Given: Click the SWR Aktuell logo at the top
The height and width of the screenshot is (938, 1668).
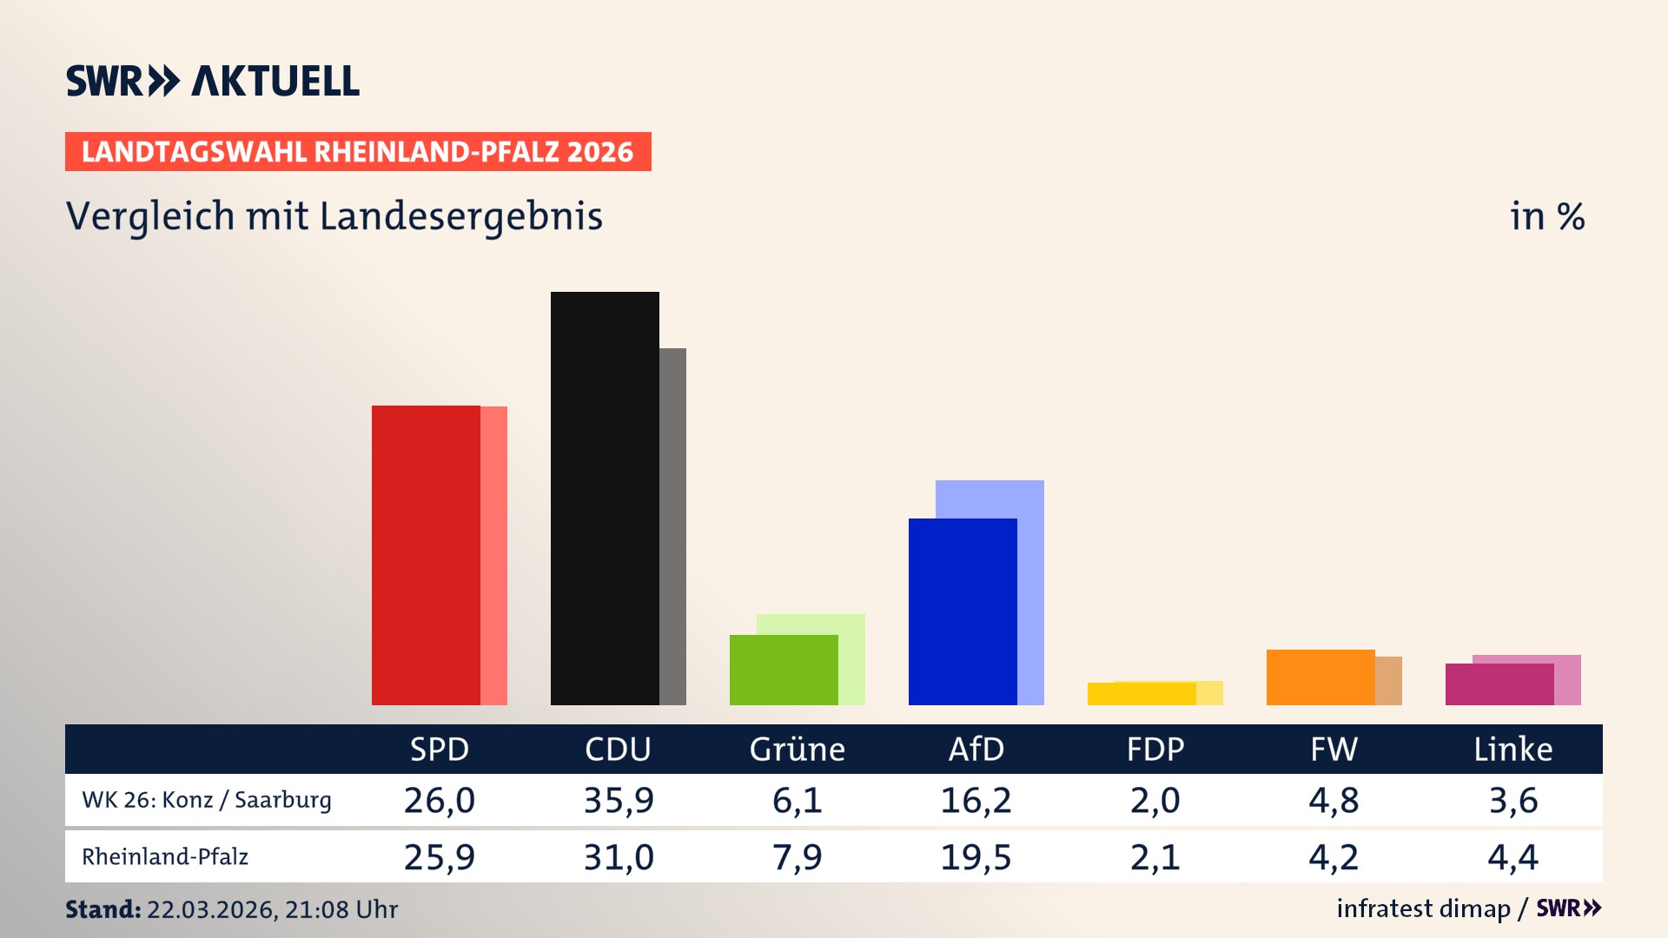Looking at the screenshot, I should click(213, 81).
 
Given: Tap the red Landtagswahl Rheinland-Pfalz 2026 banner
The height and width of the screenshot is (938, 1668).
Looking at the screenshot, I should click(357, 152).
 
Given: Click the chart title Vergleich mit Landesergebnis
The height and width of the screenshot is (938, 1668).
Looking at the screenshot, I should click(334, 216).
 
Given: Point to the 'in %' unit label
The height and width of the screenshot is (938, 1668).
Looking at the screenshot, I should click(1546, 216).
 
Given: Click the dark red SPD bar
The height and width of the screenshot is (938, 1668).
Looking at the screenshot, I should click(426, 555).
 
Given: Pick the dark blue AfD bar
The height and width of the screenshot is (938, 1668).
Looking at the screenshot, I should click(963, 611).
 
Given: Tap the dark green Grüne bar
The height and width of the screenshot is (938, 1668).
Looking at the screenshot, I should click(784, 670).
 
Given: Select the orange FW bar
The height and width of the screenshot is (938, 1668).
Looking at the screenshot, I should click(1320, 677).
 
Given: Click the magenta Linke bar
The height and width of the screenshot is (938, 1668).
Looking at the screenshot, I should click(1499, 684).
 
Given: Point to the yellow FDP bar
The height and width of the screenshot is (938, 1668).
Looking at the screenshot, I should click(1142, 694).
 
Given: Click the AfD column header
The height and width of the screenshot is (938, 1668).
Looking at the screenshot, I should click(976, 750).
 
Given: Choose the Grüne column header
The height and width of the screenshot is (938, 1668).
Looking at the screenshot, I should click(797, 750).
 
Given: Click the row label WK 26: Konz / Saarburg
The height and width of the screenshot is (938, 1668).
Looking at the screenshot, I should click(207, 800).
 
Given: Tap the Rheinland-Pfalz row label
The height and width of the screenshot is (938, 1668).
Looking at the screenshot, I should click(165, 857).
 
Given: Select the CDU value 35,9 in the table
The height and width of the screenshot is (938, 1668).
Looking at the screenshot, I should click(618, 800).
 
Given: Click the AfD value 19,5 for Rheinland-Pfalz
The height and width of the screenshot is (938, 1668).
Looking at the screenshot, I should click(976, 857).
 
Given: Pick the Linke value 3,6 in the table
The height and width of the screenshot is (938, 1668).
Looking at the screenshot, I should click(1512, 800).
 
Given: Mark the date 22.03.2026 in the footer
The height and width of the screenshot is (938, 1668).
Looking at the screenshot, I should click(211, 909).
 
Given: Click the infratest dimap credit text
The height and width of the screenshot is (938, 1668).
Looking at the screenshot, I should click(1423, 908).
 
